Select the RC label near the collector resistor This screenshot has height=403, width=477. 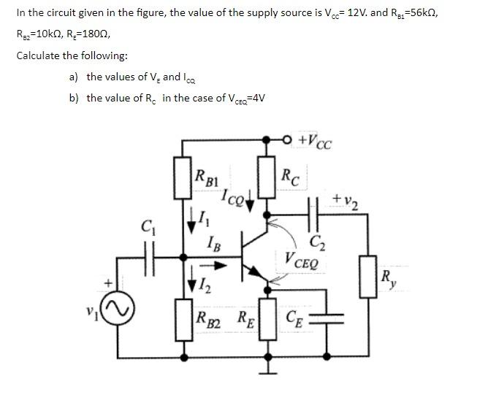pyautogui.click(x=290, y=175)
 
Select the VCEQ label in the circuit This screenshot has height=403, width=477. pyautogui.click(x=301, y=259)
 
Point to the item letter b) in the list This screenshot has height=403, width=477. pyautogui.click(x=73, y=98)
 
